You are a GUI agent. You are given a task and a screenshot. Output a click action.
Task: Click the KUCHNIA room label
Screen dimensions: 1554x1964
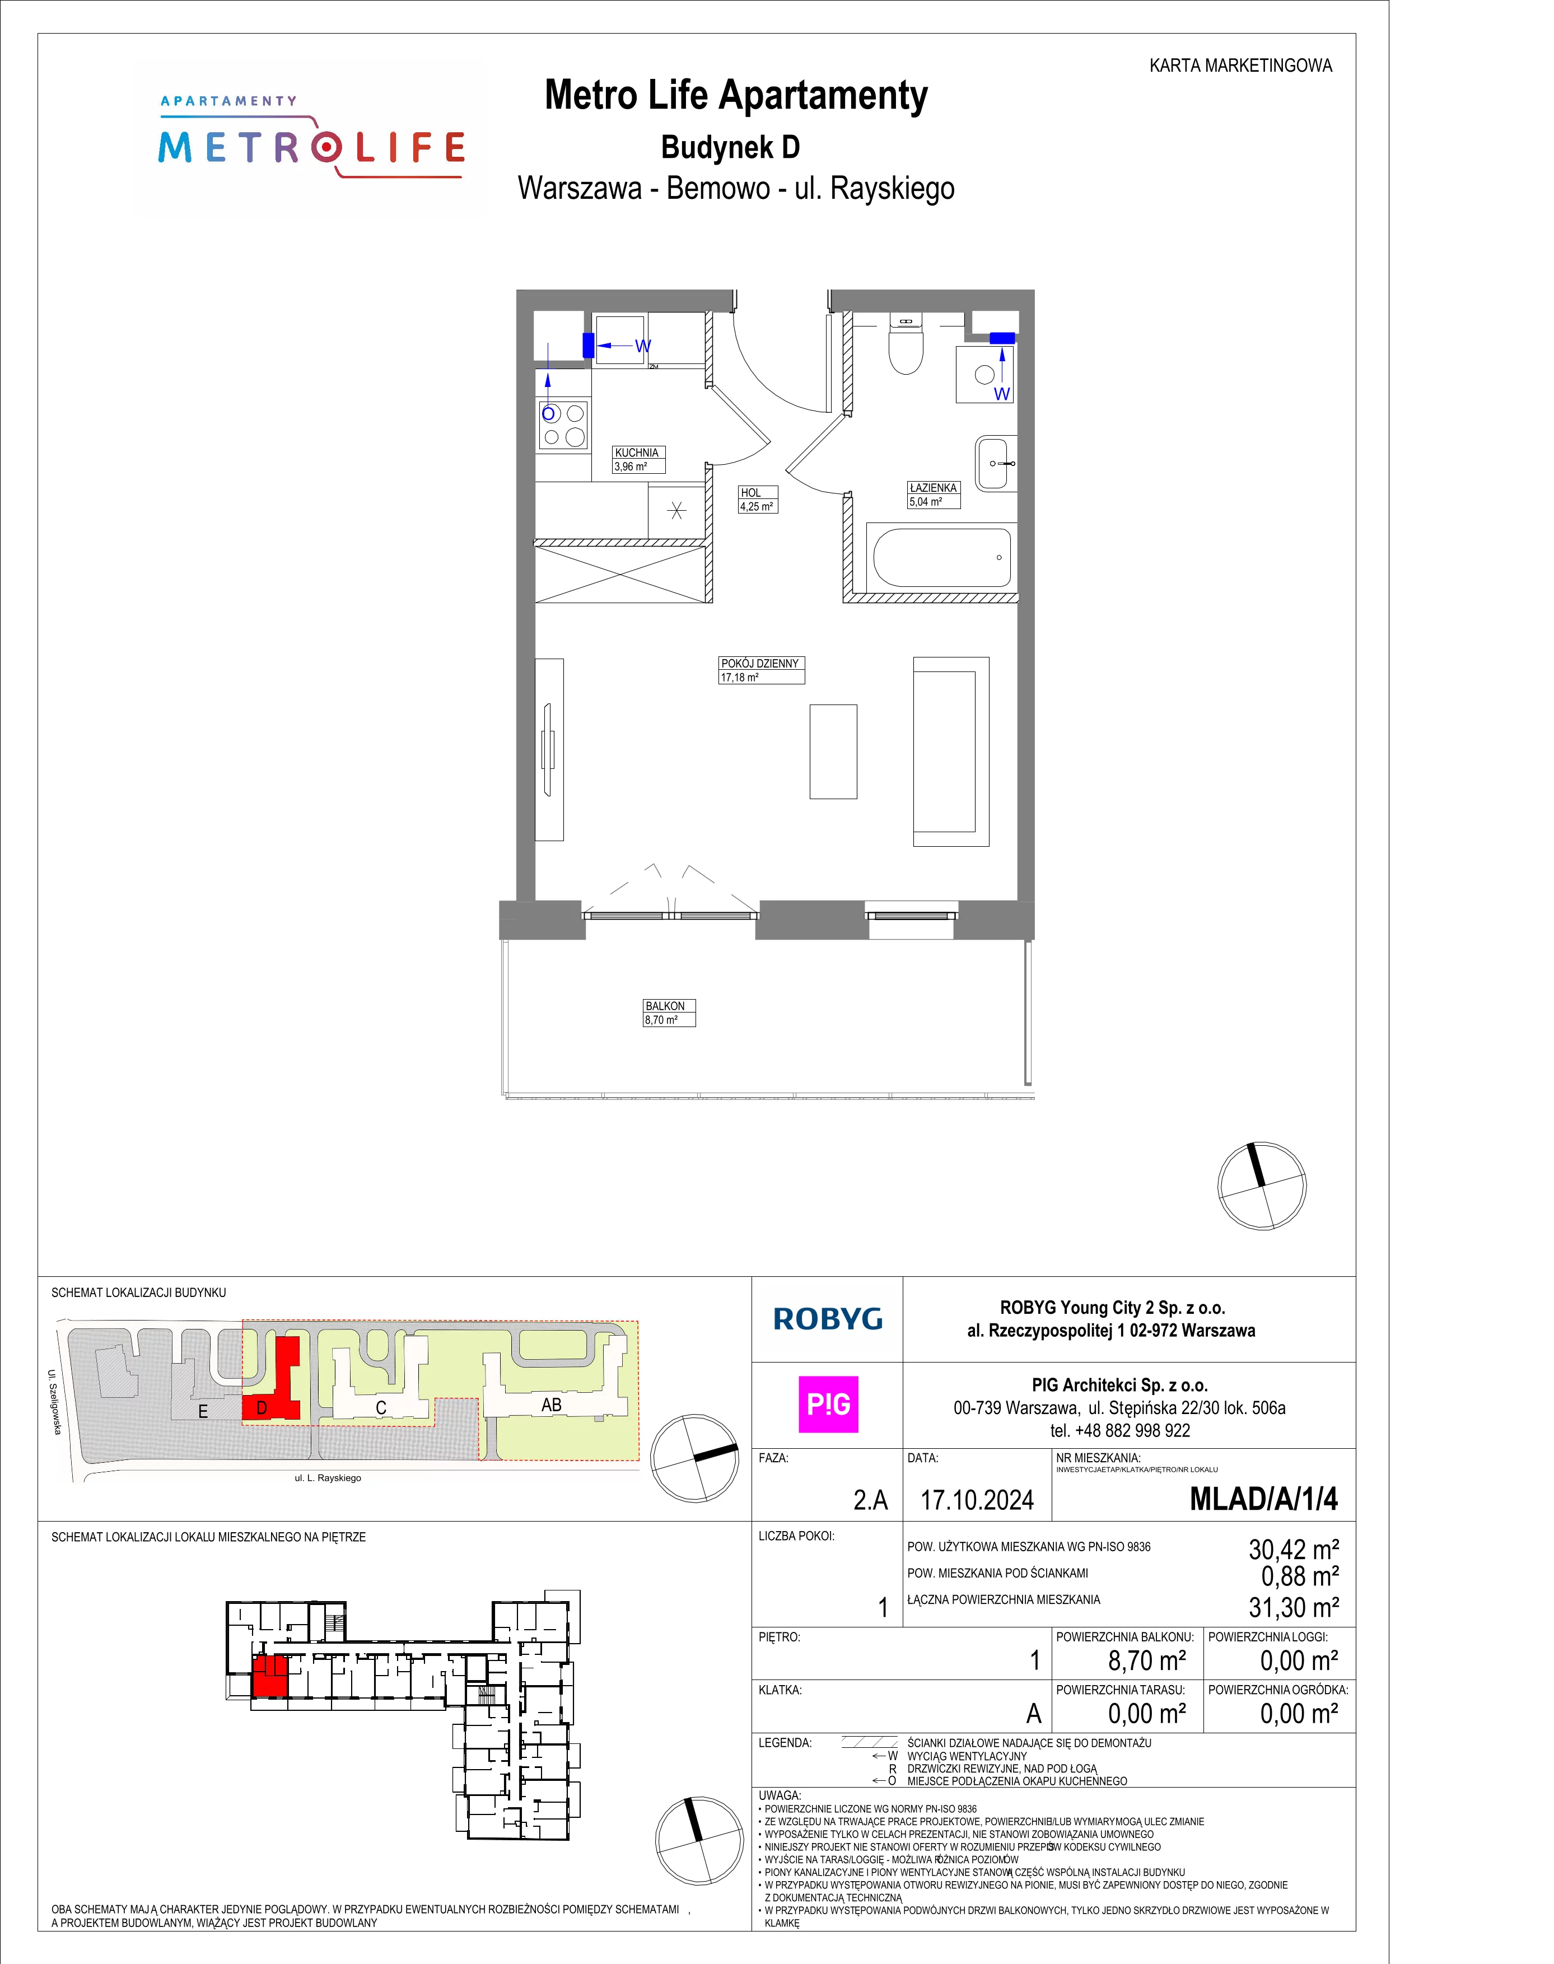point(637,452)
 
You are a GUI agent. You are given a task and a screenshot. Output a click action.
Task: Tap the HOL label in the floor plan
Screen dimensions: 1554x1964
point(750,493)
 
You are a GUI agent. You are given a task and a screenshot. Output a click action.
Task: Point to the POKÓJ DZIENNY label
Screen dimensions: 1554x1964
point(760,663)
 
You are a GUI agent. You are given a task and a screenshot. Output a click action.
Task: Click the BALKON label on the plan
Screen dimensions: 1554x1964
point(665,1006)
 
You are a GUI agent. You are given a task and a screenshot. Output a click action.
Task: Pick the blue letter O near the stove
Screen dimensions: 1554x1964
point(549,414)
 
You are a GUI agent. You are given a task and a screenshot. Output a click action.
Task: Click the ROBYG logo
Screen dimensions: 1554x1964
point(828,1319)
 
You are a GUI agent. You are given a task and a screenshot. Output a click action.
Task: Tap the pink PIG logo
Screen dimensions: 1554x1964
point(828,1405)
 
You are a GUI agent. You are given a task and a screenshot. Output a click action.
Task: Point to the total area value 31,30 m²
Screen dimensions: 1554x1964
point(1294,1607)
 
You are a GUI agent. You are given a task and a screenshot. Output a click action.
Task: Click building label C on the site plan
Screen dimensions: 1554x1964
point(381,1408)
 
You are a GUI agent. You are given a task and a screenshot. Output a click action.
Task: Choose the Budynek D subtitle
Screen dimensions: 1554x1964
point(731,147)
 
